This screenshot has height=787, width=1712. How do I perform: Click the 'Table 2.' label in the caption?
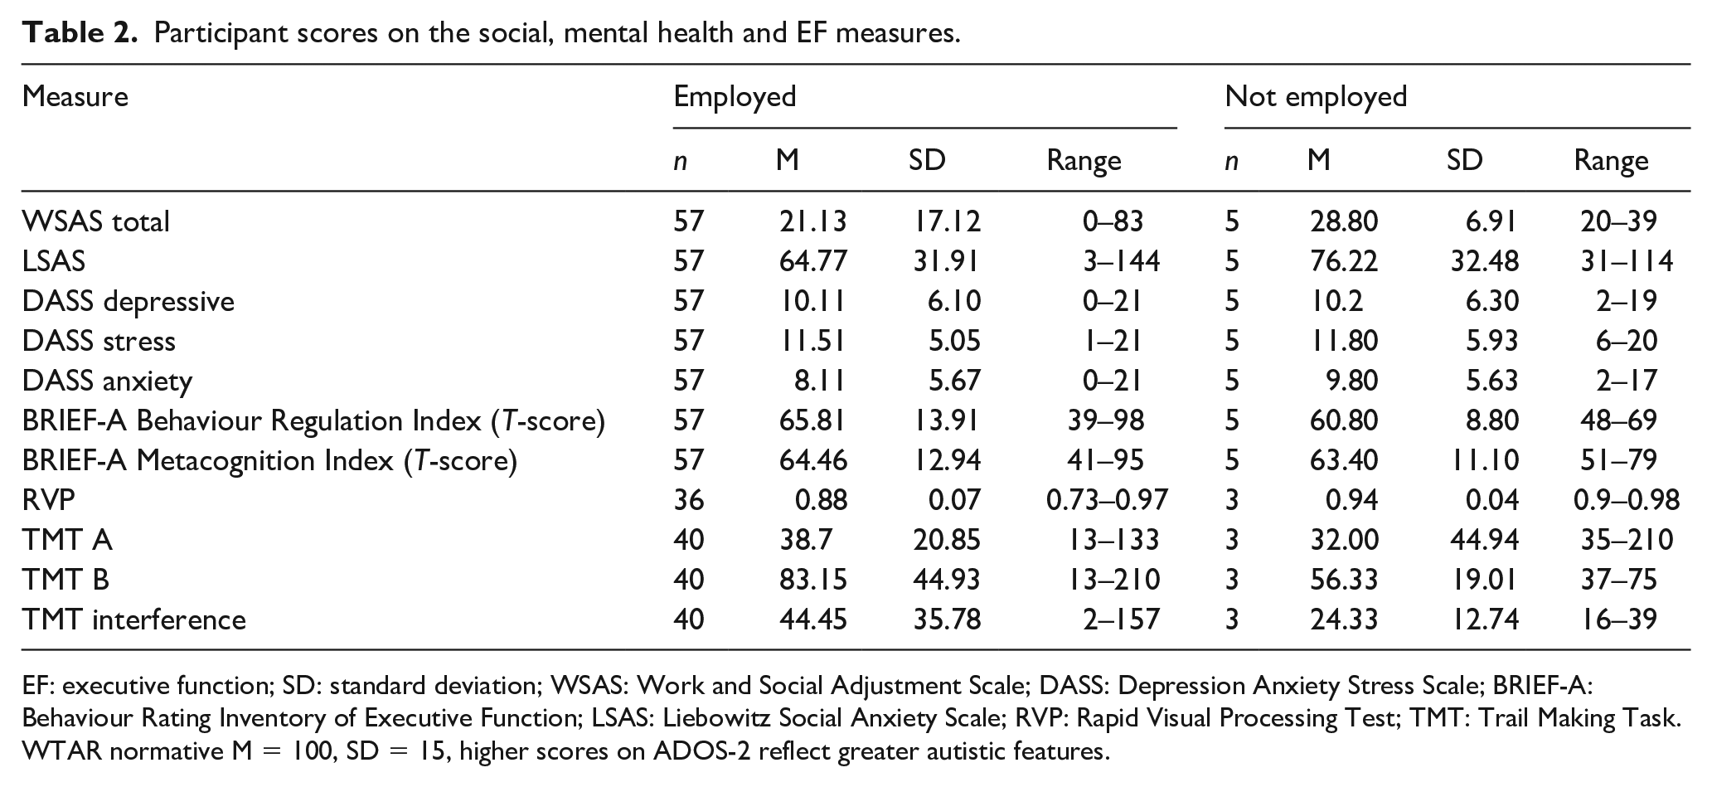79,33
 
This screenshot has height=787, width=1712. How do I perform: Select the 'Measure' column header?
75,96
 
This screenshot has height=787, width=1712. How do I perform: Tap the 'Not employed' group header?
1316,96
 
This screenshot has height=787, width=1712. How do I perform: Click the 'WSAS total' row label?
96,221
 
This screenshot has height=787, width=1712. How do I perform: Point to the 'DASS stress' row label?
99,341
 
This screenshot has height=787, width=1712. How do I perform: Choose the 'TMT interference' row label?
134,619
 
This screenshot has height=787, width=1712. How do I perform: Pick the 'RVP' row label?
49,500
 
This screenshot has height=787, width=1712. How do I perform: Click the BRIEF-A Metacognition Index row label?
269,460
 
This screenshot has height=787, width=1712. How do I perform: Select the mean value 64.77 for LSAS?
812,261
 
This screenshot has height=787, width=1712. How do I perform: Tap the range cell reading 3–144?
1121,261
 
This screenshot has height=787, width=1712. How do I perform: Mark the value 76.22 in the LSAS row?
1344,261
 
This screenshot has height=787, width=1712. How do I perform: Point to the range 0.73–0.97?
1107,500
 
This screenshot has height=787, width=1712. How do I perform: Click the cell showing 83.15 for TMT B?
812,580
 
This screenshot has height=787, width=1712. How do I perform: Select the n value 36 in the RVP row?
688,500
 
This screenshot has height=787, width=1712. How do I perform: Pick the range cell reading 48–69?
1618,420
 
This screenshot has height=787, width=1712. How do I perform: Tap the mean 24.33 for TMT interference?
1344,619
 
